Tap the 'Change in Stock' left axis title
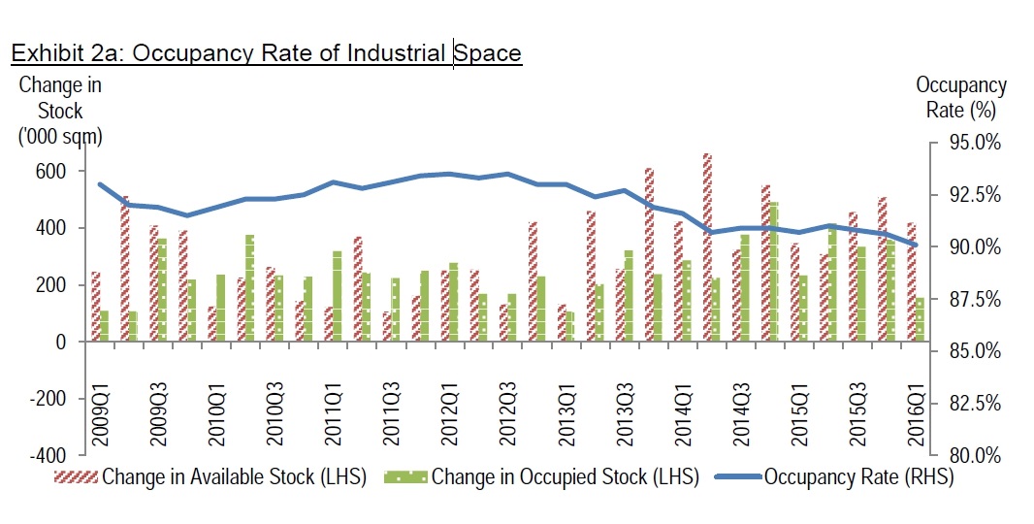(x=60, y=111)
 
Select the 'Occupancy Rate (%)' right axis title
(x=960, y=98)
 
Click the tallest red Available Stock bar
(x=707, y=247)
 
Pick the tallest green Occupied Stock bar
(x=773, y=272)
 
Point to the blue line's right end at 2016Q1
(x=916, y=246)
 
